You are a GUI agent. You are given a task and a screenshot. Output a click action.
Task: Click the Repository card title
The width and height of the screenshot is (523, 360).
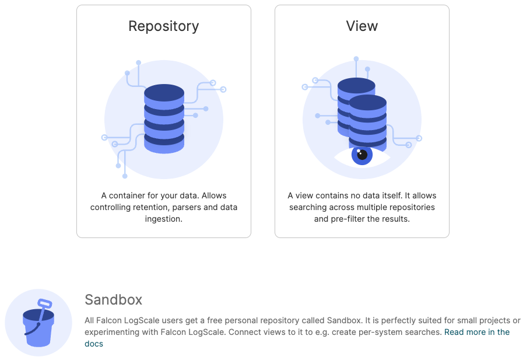[163, 26]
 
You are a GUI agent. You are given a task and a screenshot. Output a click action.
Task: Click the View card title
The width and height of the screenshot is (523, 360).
[361, 26]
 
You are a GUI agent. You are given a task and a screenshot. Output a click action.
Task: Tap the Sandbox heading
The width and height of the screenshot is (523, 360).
[113, 300]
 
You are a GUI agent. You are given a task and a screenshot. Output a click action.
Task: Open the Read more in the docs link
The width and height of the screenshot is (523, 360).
[476, 332]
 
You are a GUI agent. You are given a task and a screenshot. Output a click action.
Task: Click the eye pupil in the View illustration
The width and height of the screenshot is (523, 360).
[362, 155]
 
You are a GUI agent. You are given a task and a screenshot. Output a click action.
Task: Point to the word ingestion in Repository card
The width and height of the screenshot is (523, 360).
[164, 219]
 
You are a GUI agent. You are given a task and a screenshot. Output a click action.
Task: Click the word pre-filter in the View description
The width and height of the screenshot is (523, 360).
[348, 219]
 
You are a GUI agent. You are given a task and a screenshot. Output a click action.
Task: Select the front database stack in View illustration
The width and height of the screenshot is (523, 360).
[367, 123]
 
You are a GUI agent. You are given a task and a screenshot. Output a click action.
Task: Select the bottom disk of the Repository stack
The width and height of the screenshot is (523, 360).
[164, 144]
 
